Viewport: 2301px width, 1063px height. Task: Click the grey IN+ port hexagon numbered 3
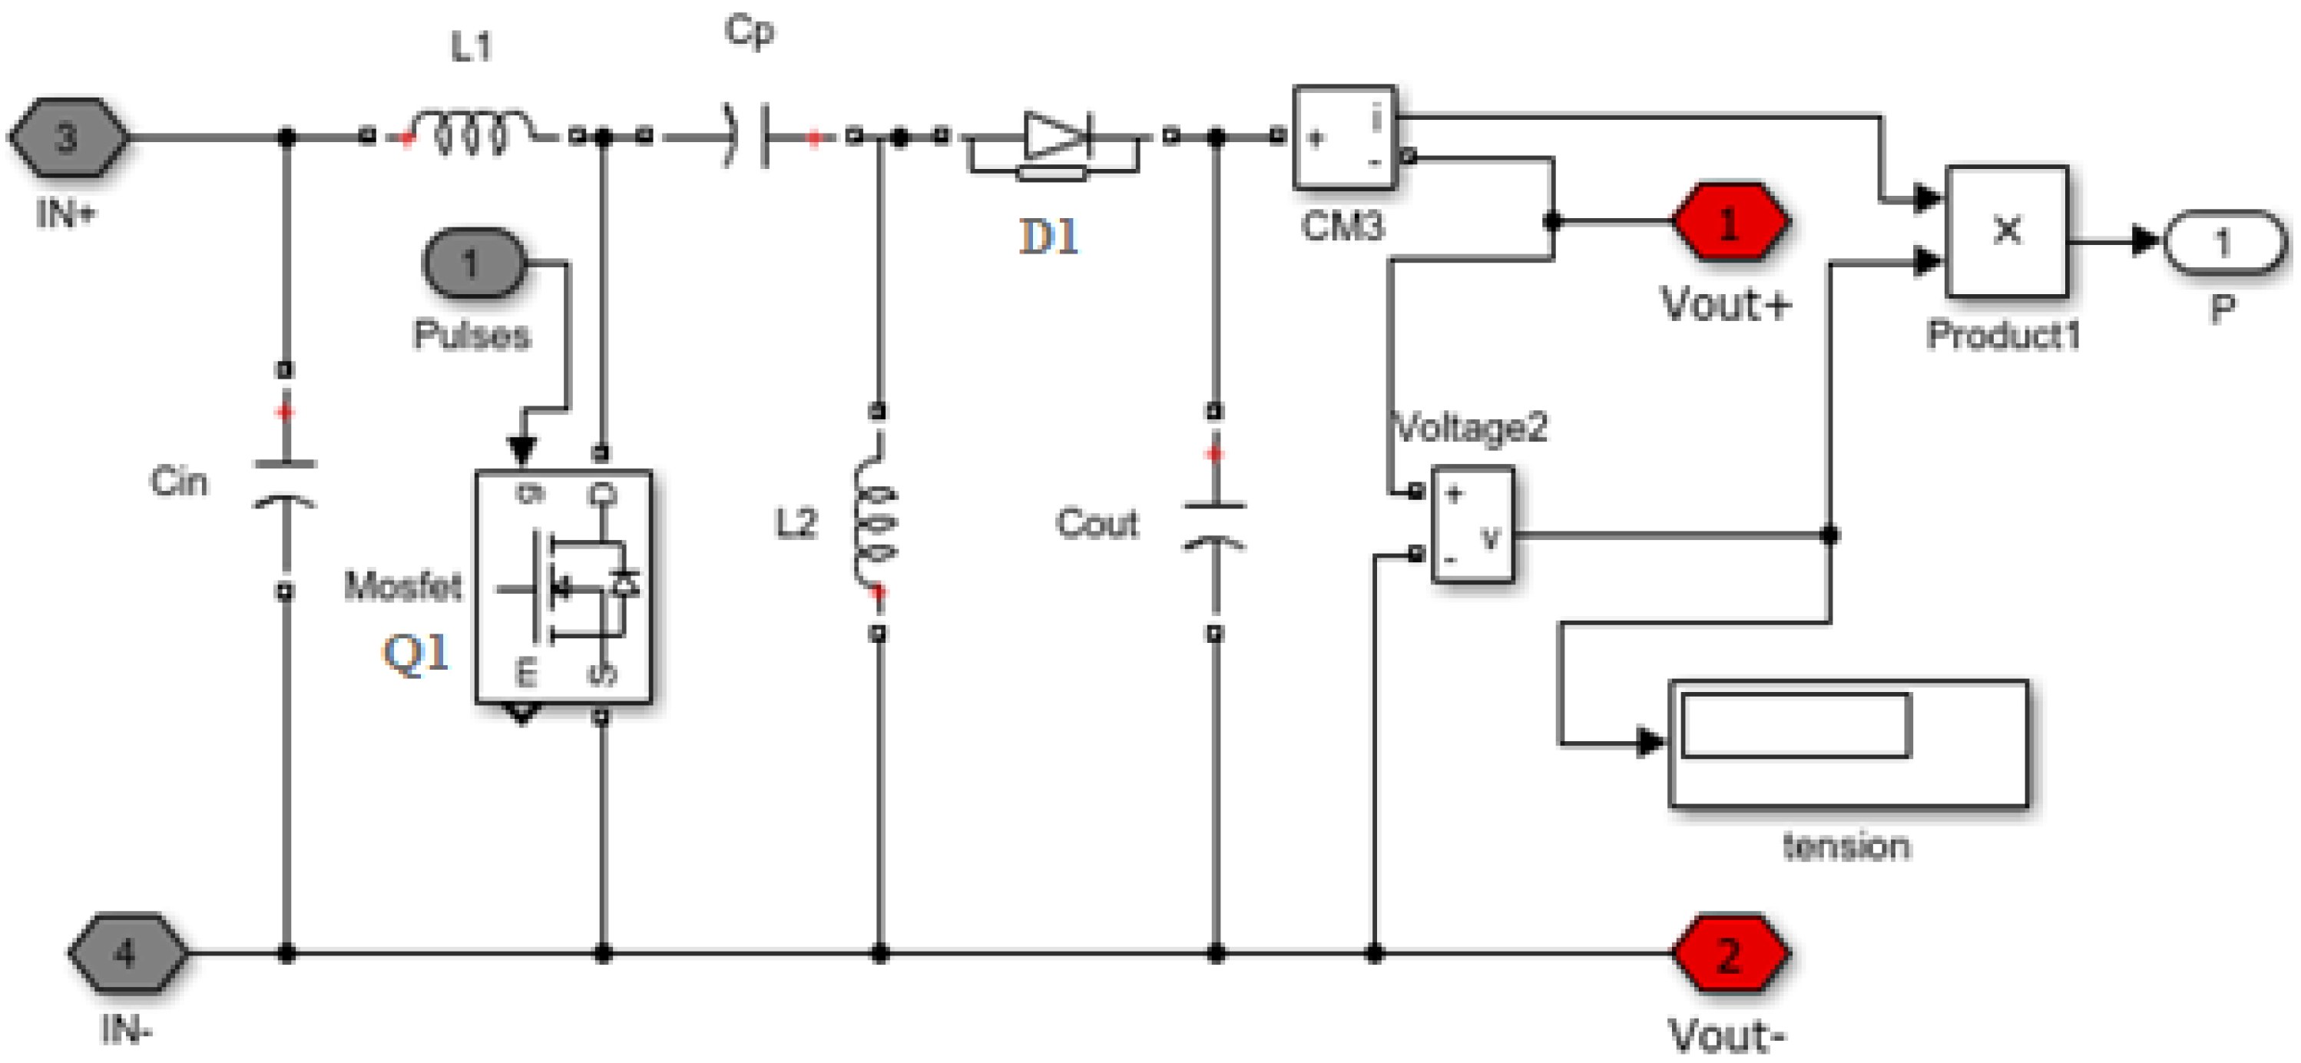[68, 137]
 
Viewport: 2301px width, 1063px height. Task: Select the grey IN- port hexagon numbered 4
[127, 953]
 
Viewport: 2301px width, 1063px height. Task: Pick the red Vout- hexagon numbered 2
[1730, 954]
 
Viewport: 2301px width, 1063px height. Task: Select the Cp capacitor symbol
[749, 137]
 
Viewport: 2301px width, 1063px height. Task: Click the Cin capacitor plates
[285, 483]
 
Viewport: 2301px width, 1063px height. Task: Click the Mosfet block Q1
[564, 585]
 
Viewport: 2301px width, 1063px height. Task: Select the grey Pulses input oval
[472, 263]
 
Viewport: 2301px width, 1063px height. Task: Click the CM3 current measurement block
[1344, 137]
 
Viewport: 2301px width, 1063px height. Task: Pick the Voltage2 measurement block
[1472, 525]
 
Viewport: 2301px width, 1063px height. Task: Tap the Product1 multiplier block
[2006, 231]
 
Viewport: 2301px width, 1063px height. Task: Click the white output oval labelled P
[2223, 242]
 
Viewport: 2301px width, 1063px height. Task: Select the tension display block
[1848, 744]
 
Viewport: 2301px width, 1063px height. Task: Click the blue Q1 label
[416, 653]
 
